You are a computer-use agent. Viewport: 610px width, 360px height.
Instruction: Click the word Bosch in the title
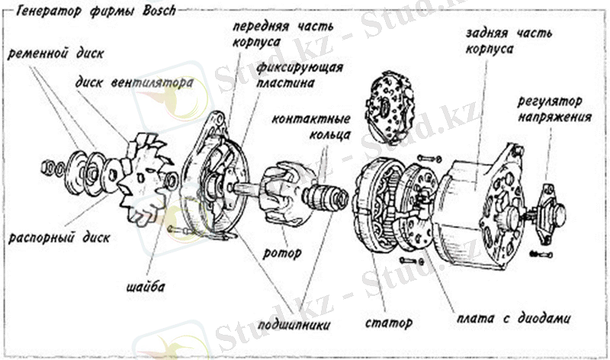pyautogui.click(x=159, y=11)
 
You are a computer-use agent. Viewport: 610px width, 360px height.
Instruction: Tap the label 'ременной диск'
pyautogui.click(x=56, y=53)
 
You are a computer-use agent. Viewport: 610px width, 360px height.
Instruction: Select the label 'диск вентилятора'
pyautogui.click(x=134, y=83)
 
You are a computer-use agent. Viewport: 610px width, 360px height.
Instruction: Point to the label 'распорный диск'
pyautogui.click(x=59, y=237)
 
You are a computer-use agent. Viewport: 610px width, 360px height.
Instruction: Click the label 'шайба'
pyautogui.click(x=146, y=288)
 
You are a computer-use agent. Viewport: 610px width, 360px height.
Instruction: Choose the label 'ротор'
pyautogui.click(x=282, y=253)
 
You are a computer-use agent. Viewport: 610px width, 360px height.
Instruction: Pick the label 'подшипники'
pyautogui.click(x=294, y=324)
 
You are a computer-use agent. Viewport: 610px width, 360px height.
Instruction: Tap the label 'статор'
pyautogui.click(x=389, y=323)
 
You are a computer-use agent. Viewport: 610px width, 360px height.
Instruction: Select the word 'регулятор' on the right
pyautogui.click(x=550, y=102)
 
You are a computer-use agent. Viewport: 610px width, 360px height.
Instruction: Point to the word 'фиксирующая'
pyautogui.click(x=300, y=68)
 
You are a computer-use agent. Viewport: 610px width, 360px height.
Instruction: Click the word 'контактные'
pyautogui.click(x=311, y=119)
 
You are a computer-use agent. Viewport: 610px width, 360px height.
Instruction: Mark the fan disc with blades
pyautogui.click(x=146, y=179)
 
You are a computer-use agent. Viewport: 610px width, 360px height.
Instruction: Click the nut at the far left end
pyautogui.click(x=47, y=167)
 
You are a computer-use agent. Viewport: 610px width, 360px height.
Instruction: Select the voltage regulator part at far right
pyautogui.click(x=550, y=212)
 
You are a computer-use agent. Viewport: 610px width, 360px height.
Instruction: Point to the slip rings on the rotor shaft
pyautogui.click(x=326, y=196)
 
